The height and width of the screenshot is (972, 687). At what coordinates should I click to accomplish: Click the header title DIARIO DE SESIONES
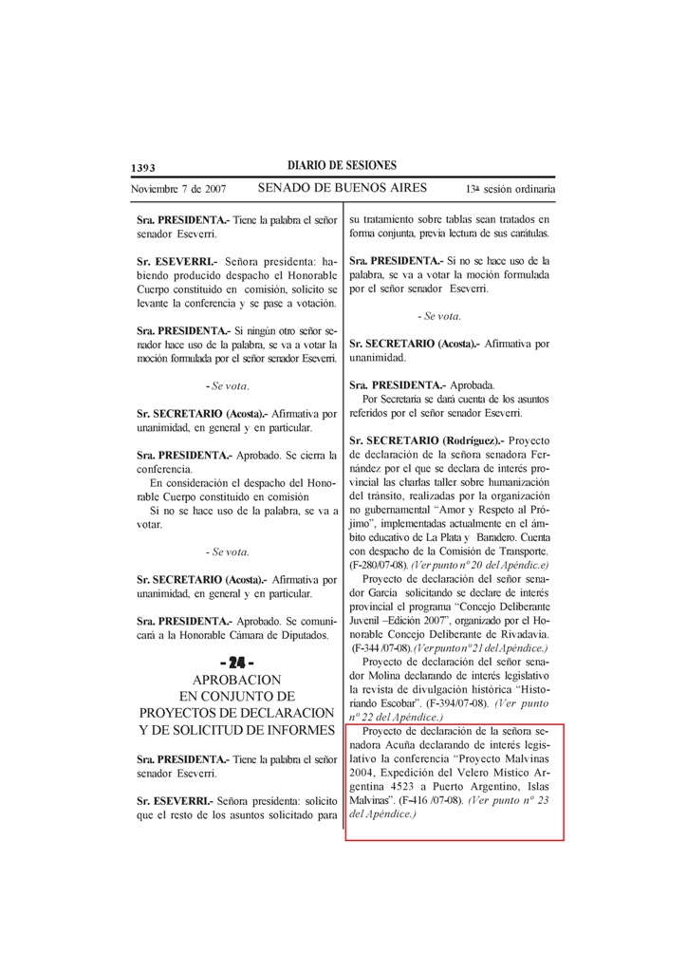tap(342, 166)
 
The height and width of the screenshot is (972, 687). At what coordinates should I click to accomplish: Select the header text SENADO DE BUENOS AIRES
tap(342, 188)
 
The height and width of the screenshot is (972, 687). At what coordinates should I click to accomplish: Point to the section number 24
tap(236, 662)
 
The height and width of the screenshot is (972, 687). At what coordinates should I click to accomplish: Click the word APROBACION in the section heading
tap(236, 680)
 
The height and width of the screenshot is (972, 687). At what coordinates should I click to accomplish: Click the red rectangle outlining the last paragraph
tap(455, 725)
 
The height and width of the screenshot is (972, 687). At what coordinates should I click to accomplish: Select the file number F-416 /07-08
tap(431, 801)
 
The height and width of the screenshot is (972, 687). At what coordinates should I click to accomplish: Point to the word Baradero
tap(490, 538)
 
